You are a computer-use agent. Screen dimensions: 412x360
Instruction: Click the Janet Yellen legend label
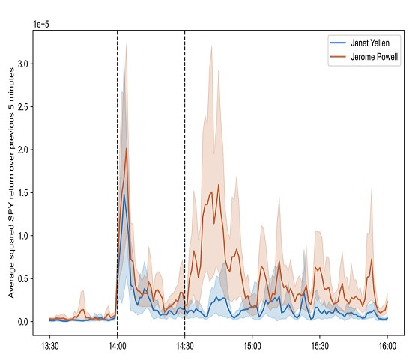coord(370,43)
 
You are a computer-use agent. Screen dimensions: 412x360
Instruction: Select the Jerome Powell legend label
coord(374,57)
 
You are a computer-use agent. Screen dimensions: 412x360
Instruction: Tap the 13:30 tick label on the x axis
coord(50,346)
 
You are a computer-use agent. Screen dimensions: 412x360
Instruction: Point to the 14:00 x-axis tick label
coord(117,346)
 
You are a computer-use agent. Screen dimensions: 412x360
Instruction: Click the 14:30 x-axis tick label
coord(185,346)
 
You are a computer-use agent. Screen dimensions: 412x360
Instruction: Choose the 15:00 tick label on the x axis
coord(252,346)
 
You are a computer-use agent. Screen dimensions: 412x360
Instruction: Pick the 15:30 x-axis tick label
coord(320,346)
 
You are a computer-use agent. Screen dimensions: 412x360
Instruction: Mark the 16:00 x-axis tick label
coord(387,346)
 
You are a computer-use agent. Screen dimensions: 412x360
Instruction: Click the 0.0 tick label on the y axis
coord(23,322)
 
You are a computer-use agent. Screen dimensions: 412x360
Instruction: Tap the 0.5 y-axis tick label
coord(23,278)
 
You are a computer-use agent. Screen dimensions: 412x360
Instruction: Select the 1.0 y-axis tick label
coord(23,236)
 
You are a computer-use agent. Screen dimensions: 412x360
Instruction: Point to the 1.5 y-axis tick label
coord(23,193)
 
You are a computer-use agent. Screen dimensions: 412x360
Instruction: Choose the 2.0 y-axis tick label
coord(23,150)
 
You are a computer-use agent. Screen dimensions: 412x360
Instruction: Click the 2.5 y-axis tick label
coord(23,107)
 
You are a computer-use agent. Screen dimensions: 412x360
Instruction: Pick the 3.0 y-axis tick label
coord(23,64)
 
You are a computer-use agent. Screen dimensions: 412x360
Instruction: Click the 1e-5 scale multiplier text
coord(41,25)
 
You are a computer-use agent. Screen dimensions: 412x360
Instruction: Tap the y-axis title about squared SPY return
coord(11,183)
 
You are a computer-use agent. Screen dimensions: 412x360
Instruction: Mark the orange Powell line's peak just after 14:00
coord(127,149)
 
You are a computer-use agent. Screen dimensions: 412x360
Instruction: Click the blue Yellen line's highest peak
coord(124,194)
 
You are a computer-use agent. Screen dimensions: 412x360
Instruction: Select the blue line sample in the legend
coord(338,43)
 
